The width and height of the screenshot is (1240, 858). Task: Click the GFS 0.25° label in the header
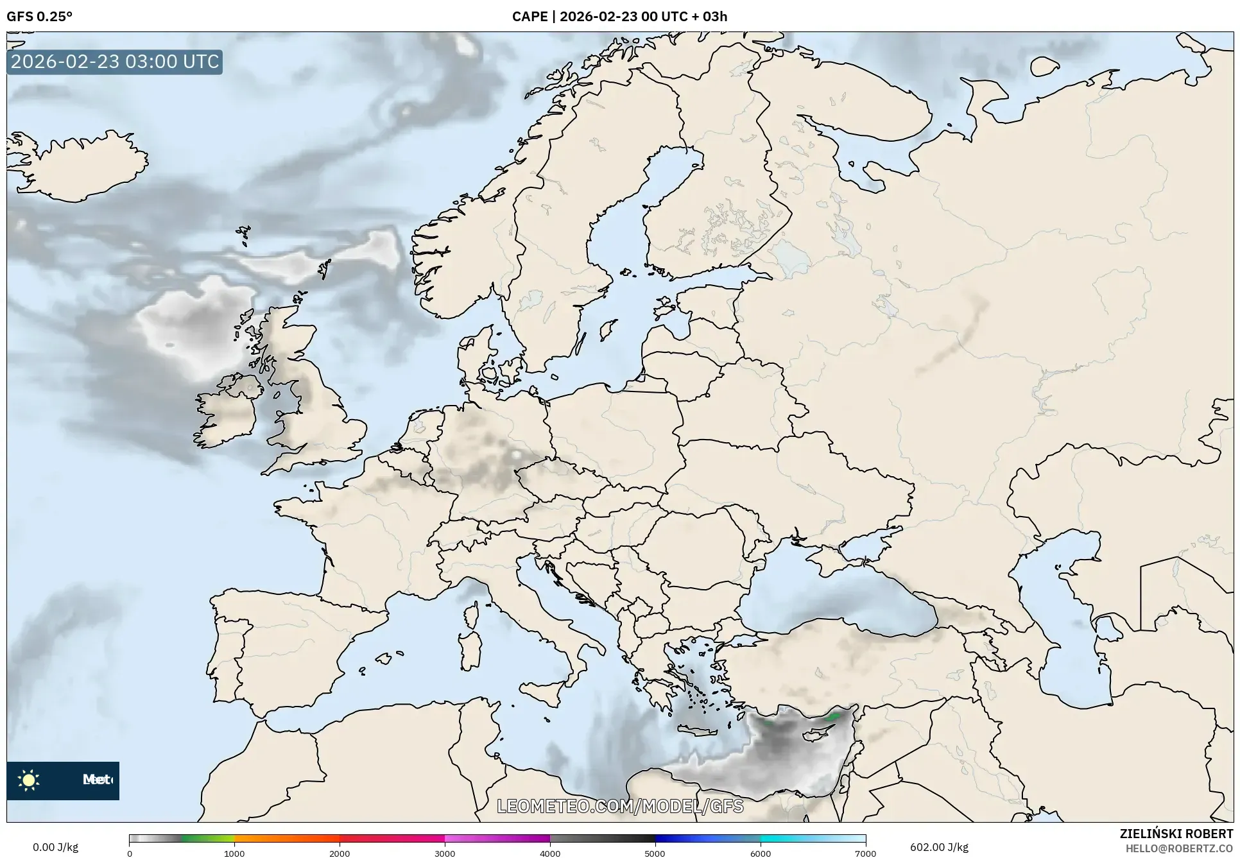(x=39, y=17)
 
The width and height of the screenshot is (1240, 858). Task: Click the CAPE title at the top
(x=619, y=17)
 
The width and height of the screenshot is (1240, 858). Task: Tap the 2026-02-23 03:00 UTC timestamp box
(x=115, y=62)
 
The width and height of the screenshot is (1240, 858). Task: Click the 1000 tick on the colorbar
(x=234, y=853)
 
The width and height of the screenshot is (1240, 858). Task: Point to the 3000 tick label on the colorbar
(x=445, y=853)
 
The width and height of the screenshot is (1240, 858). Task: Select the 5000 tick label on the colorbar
(x=655, y=853)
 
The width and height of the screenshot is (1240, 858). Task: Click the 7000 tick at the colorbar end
(x=865, y=853)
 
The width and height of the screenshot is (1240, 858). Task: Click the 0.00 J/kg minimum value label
(x=56, y=847)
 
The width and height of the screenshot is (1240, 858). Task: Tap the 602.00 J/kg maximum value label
(x=939, y=847)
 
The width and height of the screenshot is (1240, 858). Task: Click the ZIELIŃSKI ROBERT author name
(x=1176, y=834)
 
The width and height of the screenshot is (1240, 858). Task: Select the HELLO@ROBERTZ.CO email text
(x=1179, y=848)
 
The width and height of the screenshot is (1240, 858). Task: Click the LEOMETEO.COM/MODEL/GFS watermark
(x=620, y=806)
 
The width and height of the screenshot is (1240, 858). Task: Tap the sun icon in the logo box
(x=29, y=780)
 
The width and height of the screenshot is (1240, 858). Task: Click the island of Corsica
(x=472, y=613)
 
